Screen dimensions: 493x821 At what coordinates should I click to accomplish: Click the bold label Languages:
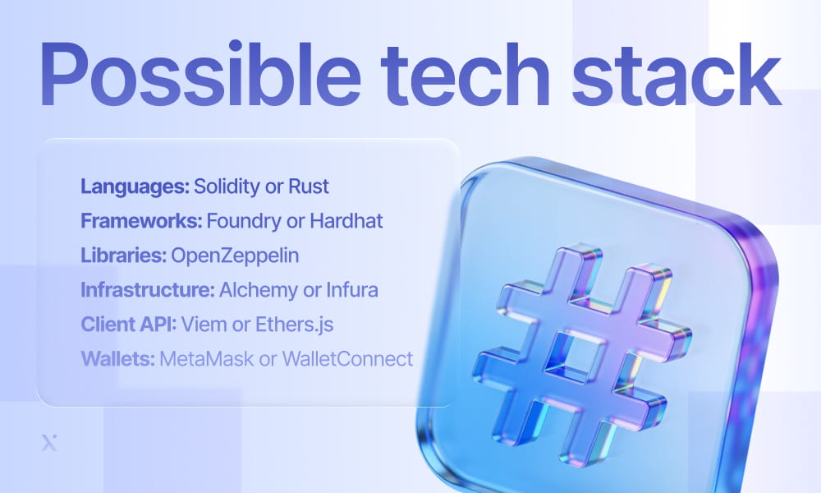135,187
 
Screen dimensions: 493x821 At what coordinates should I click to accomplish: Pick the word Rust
309,187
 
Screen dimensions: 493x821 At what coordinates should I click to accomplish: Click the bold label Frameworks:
140,221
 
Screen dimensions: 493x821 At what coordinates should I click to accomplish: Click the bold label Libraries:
122,256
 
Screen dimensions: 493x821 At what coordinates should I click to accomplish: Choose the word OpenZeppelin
235,256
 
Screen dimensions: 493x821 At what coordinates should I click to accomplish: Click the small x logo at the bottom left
48,443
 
